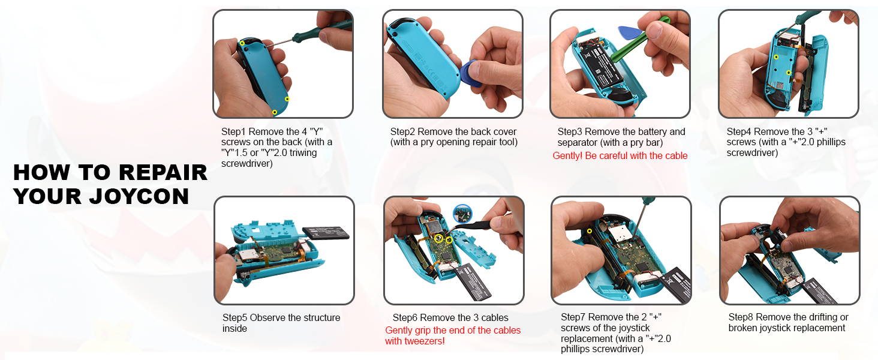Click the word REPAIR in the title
point(163,172)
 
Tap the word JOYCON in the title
point(140,196)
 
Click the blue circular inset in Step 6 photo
point(462,214)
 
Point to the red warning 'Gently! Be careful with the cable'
point(620,155)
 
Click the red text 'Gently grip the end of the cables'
point(453,330)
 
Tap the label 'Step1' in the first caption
point(233,132)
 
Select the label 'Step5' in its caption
point(234,317)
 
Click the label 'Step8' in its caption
point(741,317)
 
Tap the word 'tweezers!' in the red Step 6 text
point(425,341)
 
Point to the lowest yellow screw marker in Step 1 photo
point(275,113)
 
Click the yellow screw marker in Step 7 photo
point(590,232)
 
